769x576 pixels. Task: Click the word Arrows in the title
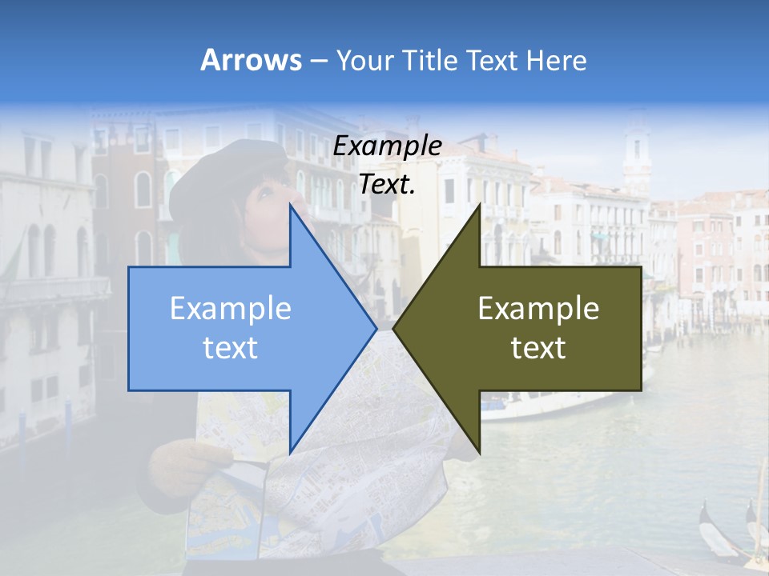tap(251, 60)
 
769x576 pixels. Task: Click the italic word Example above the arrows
tap(387, 146)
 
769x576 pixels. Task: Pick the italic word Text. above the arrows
tap(387, 185)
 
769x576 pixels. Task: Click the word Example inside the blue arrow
tap(231, 309)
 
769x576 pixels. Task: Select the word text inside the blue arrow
tap(231, 348)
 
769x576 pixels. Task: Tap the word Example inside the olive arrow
tap(538, 309)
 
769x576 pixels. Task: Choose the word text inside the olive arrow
tap(538, 348)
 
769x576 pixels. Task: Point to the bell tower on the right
tap(637, 152)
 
